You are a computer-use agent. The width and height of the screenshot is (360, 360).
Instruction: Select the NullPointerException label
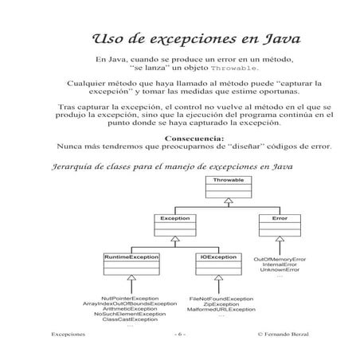[130, 296]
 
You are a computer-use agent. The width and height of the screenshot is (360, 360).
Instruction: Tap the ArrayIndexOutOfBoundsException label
[130, 303]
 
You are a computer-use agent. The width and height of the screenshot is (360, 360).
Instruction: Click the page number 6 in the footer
[180, 335]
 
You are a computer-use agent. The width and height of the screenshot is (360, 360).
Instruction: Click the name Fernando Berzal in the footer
[286, 335]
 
